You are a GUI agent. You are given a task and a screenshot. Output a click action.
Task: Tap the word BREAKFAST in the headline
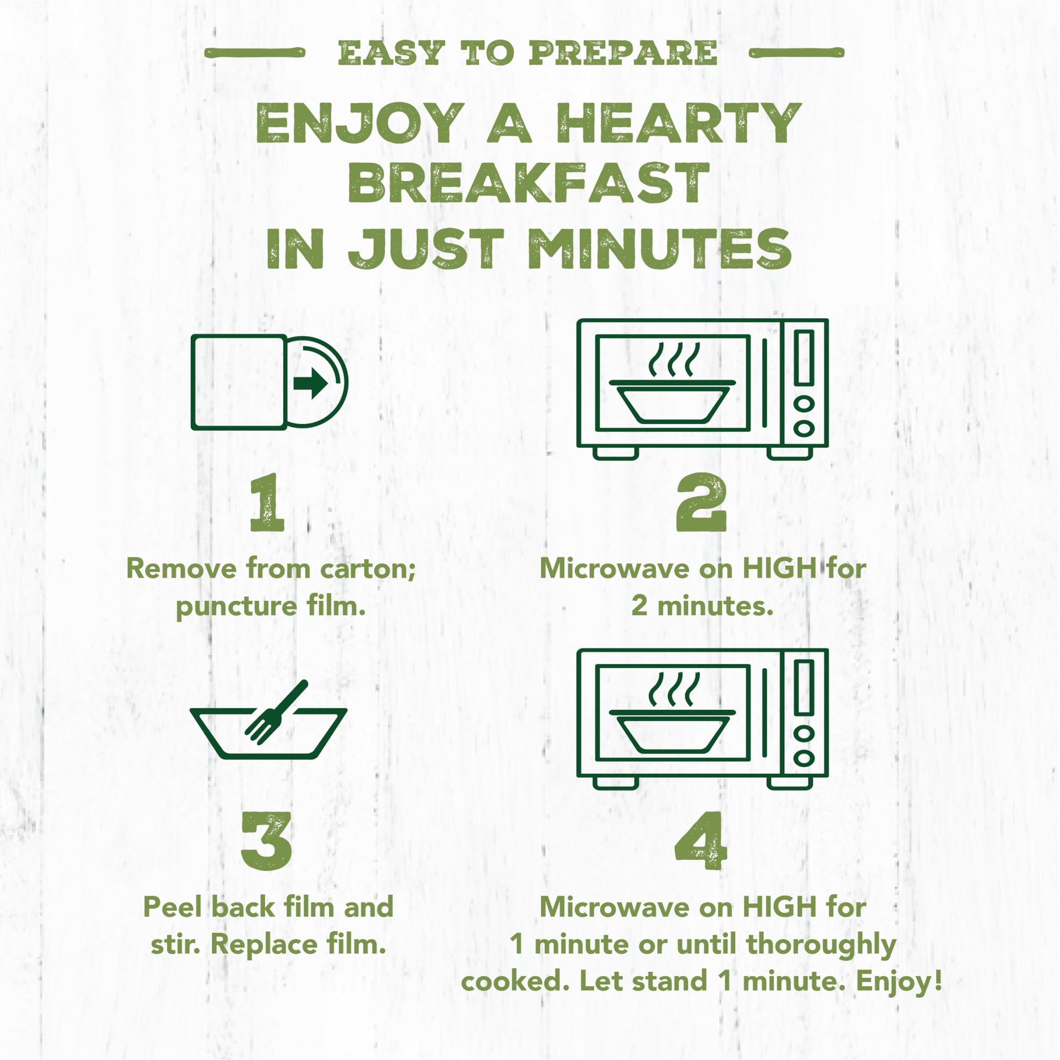529,183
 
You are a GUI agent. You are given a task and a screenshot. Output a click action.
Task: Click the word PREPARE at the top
623,53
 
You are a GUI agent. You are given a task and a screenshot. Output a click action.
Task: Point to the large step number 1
267,503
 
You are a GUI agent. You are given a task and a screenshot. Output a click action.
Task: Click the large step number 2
702,503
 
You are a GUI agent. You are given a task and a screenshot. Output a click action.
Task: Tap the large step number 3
267,841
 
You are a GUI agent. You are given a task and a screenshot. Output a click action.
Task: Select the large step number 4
700,841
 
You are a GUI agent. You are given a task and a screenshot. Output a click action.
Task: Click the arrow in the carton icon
310,383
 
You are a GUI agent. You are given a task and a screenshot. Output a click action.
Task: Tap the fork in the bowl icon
276,712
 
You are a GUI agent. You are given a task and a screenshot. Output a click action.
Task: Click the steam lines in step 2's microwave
674,360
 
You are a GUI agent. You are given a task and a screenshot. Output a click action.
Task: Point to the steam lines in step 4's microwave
674,690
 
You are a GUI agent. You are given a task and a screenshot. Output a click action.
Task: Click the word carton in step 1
367,569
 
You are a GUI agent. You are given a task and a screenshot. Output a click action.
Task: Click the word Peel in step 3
174,907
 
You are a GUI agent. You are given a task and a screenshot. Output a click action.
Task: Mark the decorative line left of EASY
254,53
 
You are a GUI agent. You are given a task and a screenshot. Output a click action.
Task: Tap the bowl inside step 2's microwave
673,402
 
